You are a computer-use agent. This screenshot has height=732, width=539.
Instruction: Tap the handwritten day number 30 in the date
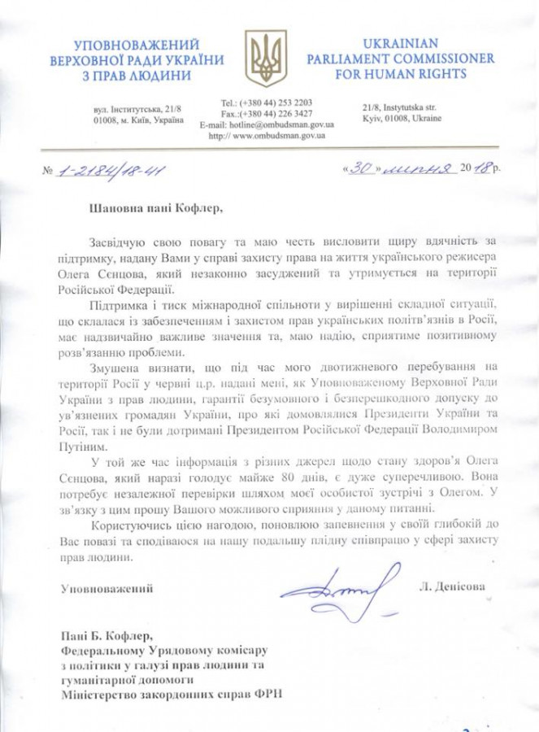(359, 168)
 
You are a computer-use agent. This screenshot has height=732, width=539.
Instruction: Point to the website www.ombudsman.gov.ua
(267, 136)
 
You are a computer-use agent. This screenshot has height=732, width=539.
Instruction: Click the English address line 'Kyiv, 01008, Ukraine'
(402, 119)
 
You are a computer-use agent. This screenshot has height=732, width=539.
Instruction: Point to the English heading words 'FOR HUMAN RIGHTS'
(387, 74)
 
